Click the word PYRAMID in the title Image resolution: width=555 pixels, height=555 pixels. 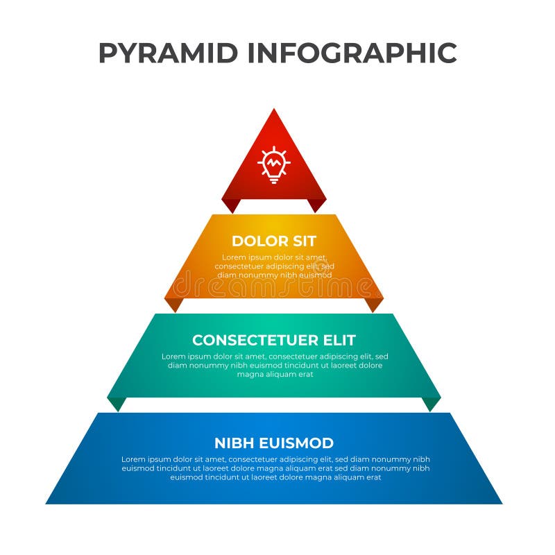pyautogui.click(x=169, y=53)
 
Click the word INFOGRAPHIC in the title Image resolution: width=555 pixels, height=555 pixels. pyautogui.click(x=352, y=53)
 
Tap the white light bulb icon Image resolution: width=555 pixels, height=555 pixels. pyautogui.click(x=274, y=164)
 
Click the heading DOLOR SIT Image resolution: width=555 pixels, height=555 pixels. pyautogui.click(x=274, y=241)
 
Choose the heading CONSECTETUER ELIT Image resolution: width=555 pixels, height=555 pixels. pyautogui.click(x=274, y=341)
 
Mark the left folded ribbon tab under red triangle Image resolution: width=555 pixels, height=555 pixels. pyautogui.click(x=231, y=205)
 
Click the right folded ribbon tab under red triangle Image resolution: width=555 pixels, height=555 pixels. pyautogui.click(x=317, y=205)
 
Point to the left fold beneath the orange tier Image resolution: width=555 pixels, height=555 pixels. pyautogui.click(x=173, y=304)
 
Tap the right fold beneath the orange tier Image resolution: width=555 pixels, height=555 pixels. pyautogui.click(x=375, y=304)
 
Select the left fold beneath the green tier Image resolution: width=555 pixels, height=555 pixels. pyautogui.click(x=117, y=403)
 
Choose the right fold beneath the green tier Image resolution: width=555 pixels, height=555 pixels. pyautogui.click(x=432, y=403)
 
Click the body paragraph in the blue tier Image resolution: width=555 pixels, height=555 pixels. pyautogui.click(x=275, y=468)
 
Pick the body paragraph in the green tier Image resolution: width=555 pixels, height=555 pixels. pyautogui.click(x=275, y=365)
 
